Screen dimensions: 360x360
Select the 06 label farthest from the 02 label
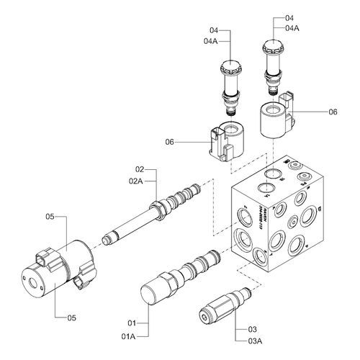pos(333,112)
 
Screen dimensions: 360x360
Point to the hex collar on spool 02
pos(155,210)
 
